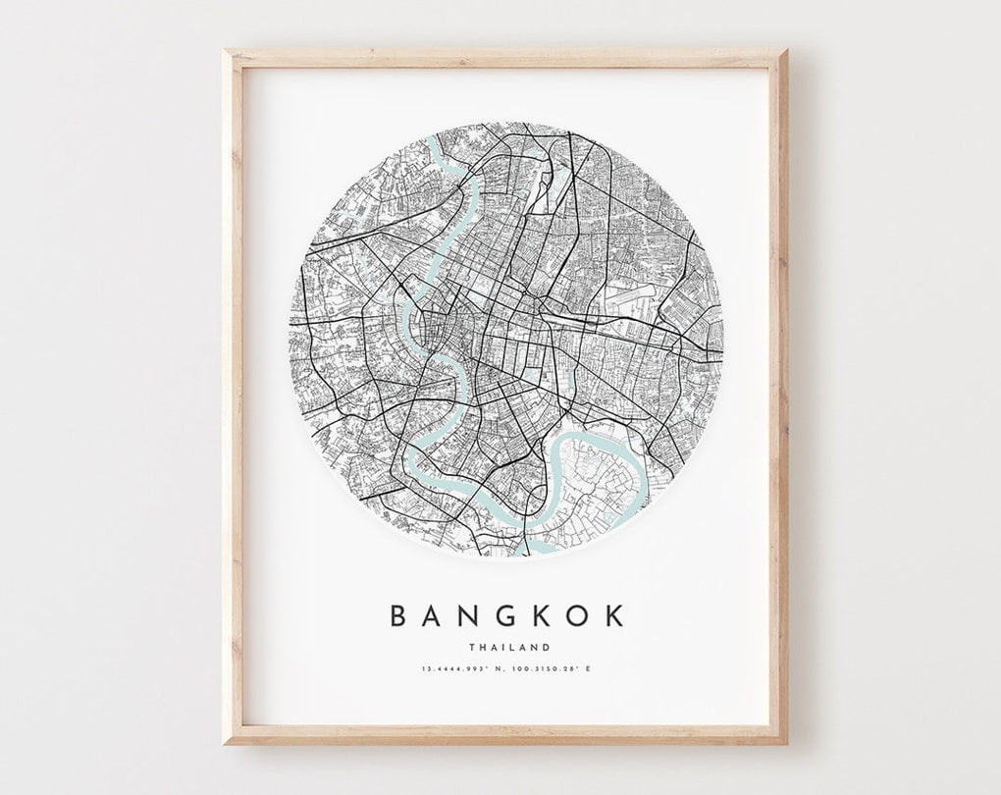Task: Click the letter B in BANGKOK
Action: pos(400,615)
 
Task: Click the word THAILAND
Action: pos(508,647)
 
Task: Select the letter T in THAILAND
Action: pos(472,647)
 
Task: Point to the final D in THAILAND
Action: pos(546,647)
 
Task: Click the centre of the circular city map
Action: pos(506,340)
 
